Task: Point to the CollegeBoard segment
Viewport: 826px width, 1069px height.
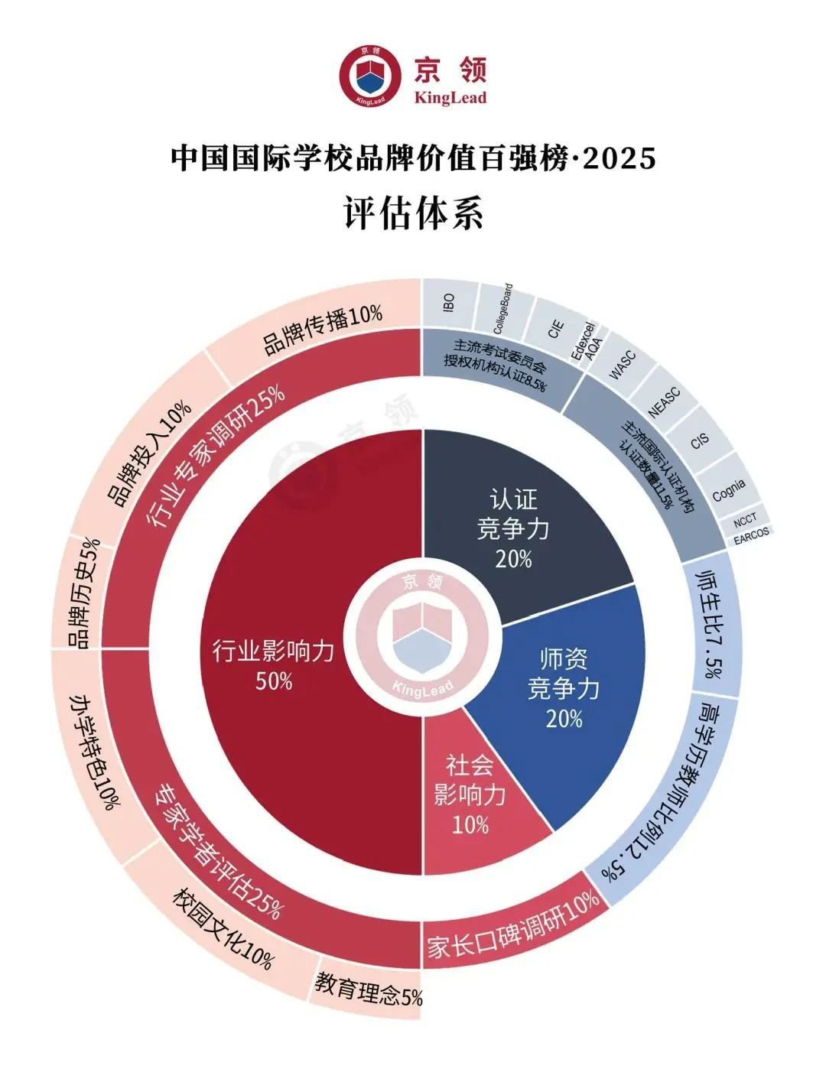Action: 502,309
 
